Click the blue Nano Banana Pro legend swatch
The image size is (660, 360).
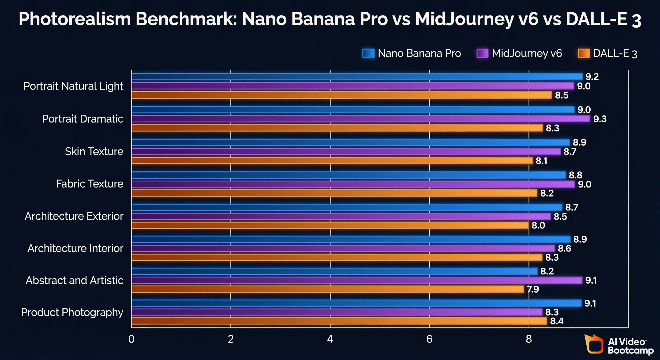(x=368, y=53)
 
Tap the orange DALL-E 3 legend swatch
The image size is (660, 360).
(x=583, y=53)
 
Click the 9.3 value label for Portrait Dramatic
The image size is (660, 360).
(x=600, y=119)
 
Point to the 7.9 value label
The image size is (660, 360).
(x=533, y=289)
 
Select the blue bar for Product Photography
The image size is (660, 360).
(x=356, y=303)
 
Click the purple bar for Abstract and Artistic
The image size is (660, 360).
(x=356, y=280)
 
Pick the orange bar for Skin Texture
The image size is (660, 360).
(x=332, y=161)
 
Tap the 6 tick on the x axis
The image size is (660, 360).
(x=429, y=339)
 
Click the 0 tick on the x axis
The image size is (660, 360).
(x=131, y=339)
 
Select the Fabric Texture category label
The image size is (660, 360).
(x=90, y=184)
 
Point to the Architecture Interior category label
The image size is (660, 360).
(x=75, y=248)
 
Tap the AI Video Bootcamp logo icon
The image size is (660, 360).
(x=594, y=344)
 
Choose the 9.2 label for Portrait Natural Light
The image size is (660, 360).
(x=592, y=77)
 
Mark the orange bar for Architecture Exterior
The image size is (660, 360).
(x=330, y=225)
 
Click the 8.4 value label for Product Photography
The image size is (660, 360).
(x=557, y=321)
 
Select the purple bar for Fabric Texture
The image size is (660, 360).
(x=353, y=184)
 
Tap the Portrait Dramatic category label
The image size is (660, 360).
(x=82, y=119)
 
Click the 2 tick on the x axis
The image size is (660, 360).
(x=231, y=339)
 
